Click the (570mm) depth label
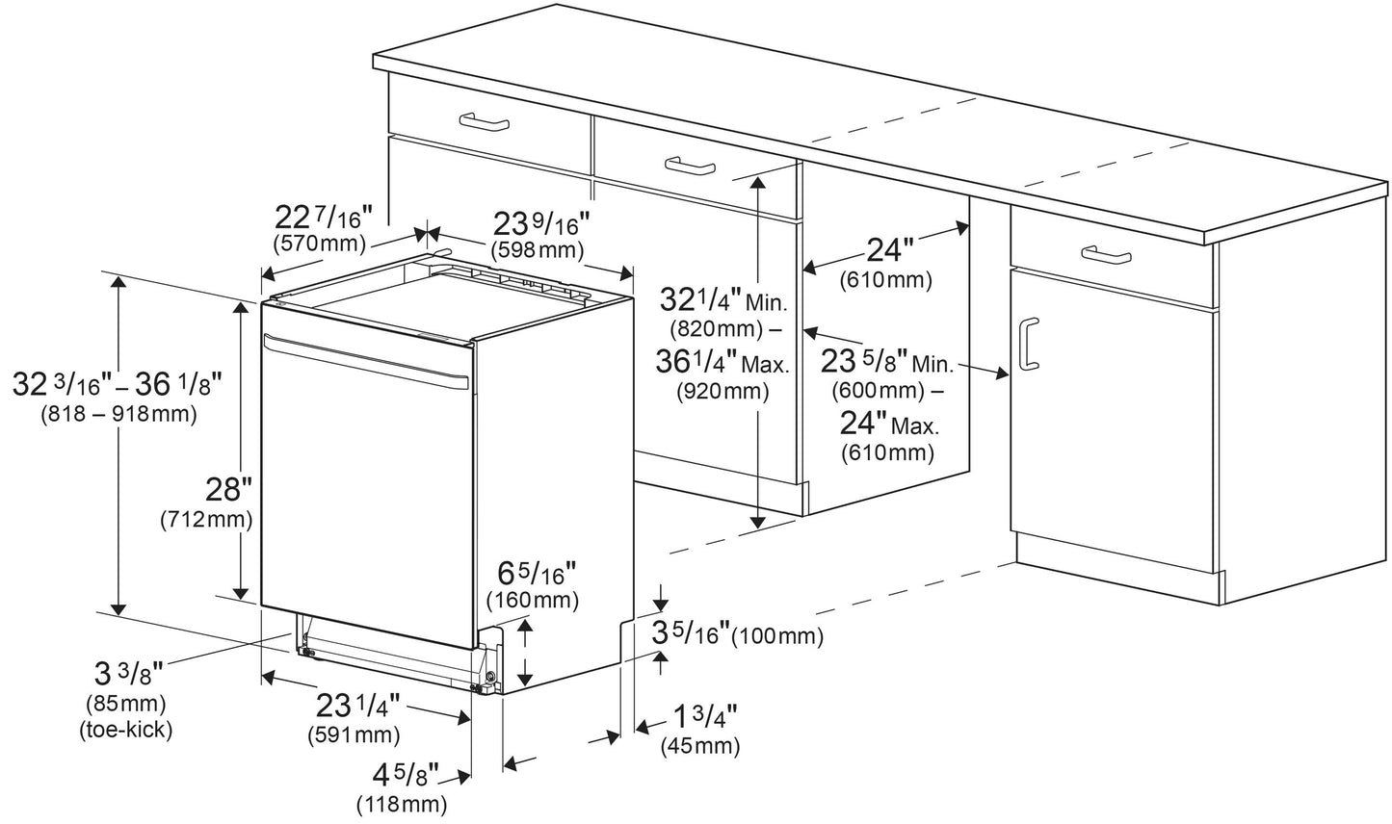320,243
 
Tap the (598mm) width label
537,250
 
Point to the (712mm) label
206,519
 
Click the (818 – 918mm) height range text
118,414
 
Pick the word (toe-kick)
125,730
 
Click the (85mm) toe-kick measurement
126,705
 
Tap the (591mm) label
354,735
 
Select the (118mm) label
402,805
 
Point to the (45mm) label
699,745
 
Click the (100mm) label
777,636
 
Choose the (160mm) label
533,600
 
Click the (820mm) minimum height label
716,328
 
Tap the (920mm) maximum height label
722,391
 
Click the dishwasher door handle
366,361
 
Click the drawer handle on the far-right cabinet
1106,255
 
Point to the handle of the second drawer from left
690,166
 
